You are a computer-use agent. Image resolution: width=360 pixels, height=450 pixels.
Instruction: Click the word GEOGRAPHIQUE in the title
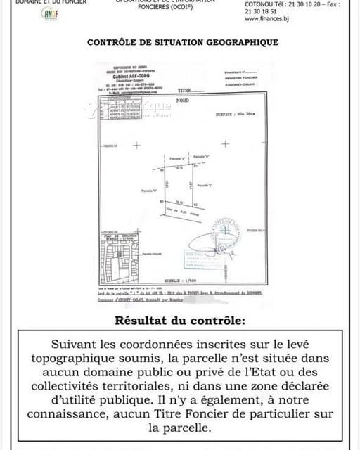pyautogui.click(x=239, y=42)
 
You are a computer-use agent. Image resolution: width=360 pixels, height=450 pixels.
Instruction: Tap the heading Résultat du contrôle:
pyautogui.click(x=180, y=321)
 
